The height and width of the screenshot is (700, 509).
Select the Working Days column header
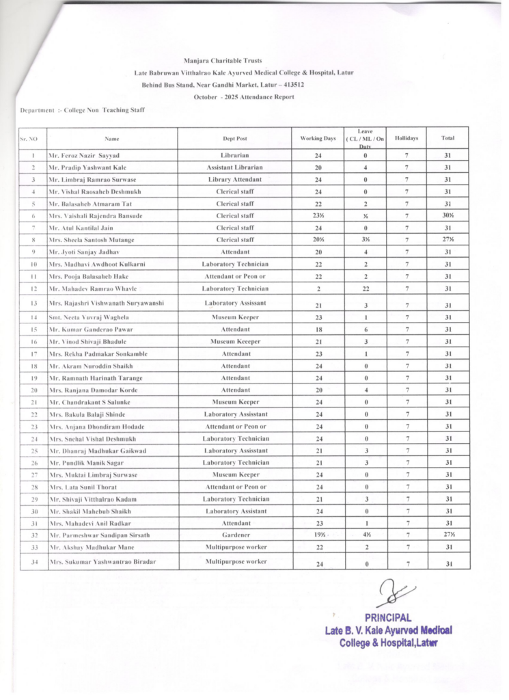point(318,138)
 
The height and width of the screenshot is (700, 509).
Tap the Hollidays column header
point(407,138)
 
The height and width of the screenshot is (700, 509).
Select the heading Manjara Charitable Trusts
point(223,61)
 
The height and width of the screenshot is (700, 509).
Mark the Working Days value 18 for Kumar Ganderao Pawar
point(318,329)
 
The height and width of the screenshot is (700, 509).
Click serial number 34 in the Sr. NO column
point(33,563)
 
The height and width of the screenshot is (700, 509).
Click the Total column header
point(448,138)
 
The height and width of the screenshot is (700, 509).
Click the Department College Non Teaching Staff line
point(83,109)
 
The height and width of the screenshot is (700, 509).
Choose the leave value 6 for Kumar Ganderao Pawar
point(366,329)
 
